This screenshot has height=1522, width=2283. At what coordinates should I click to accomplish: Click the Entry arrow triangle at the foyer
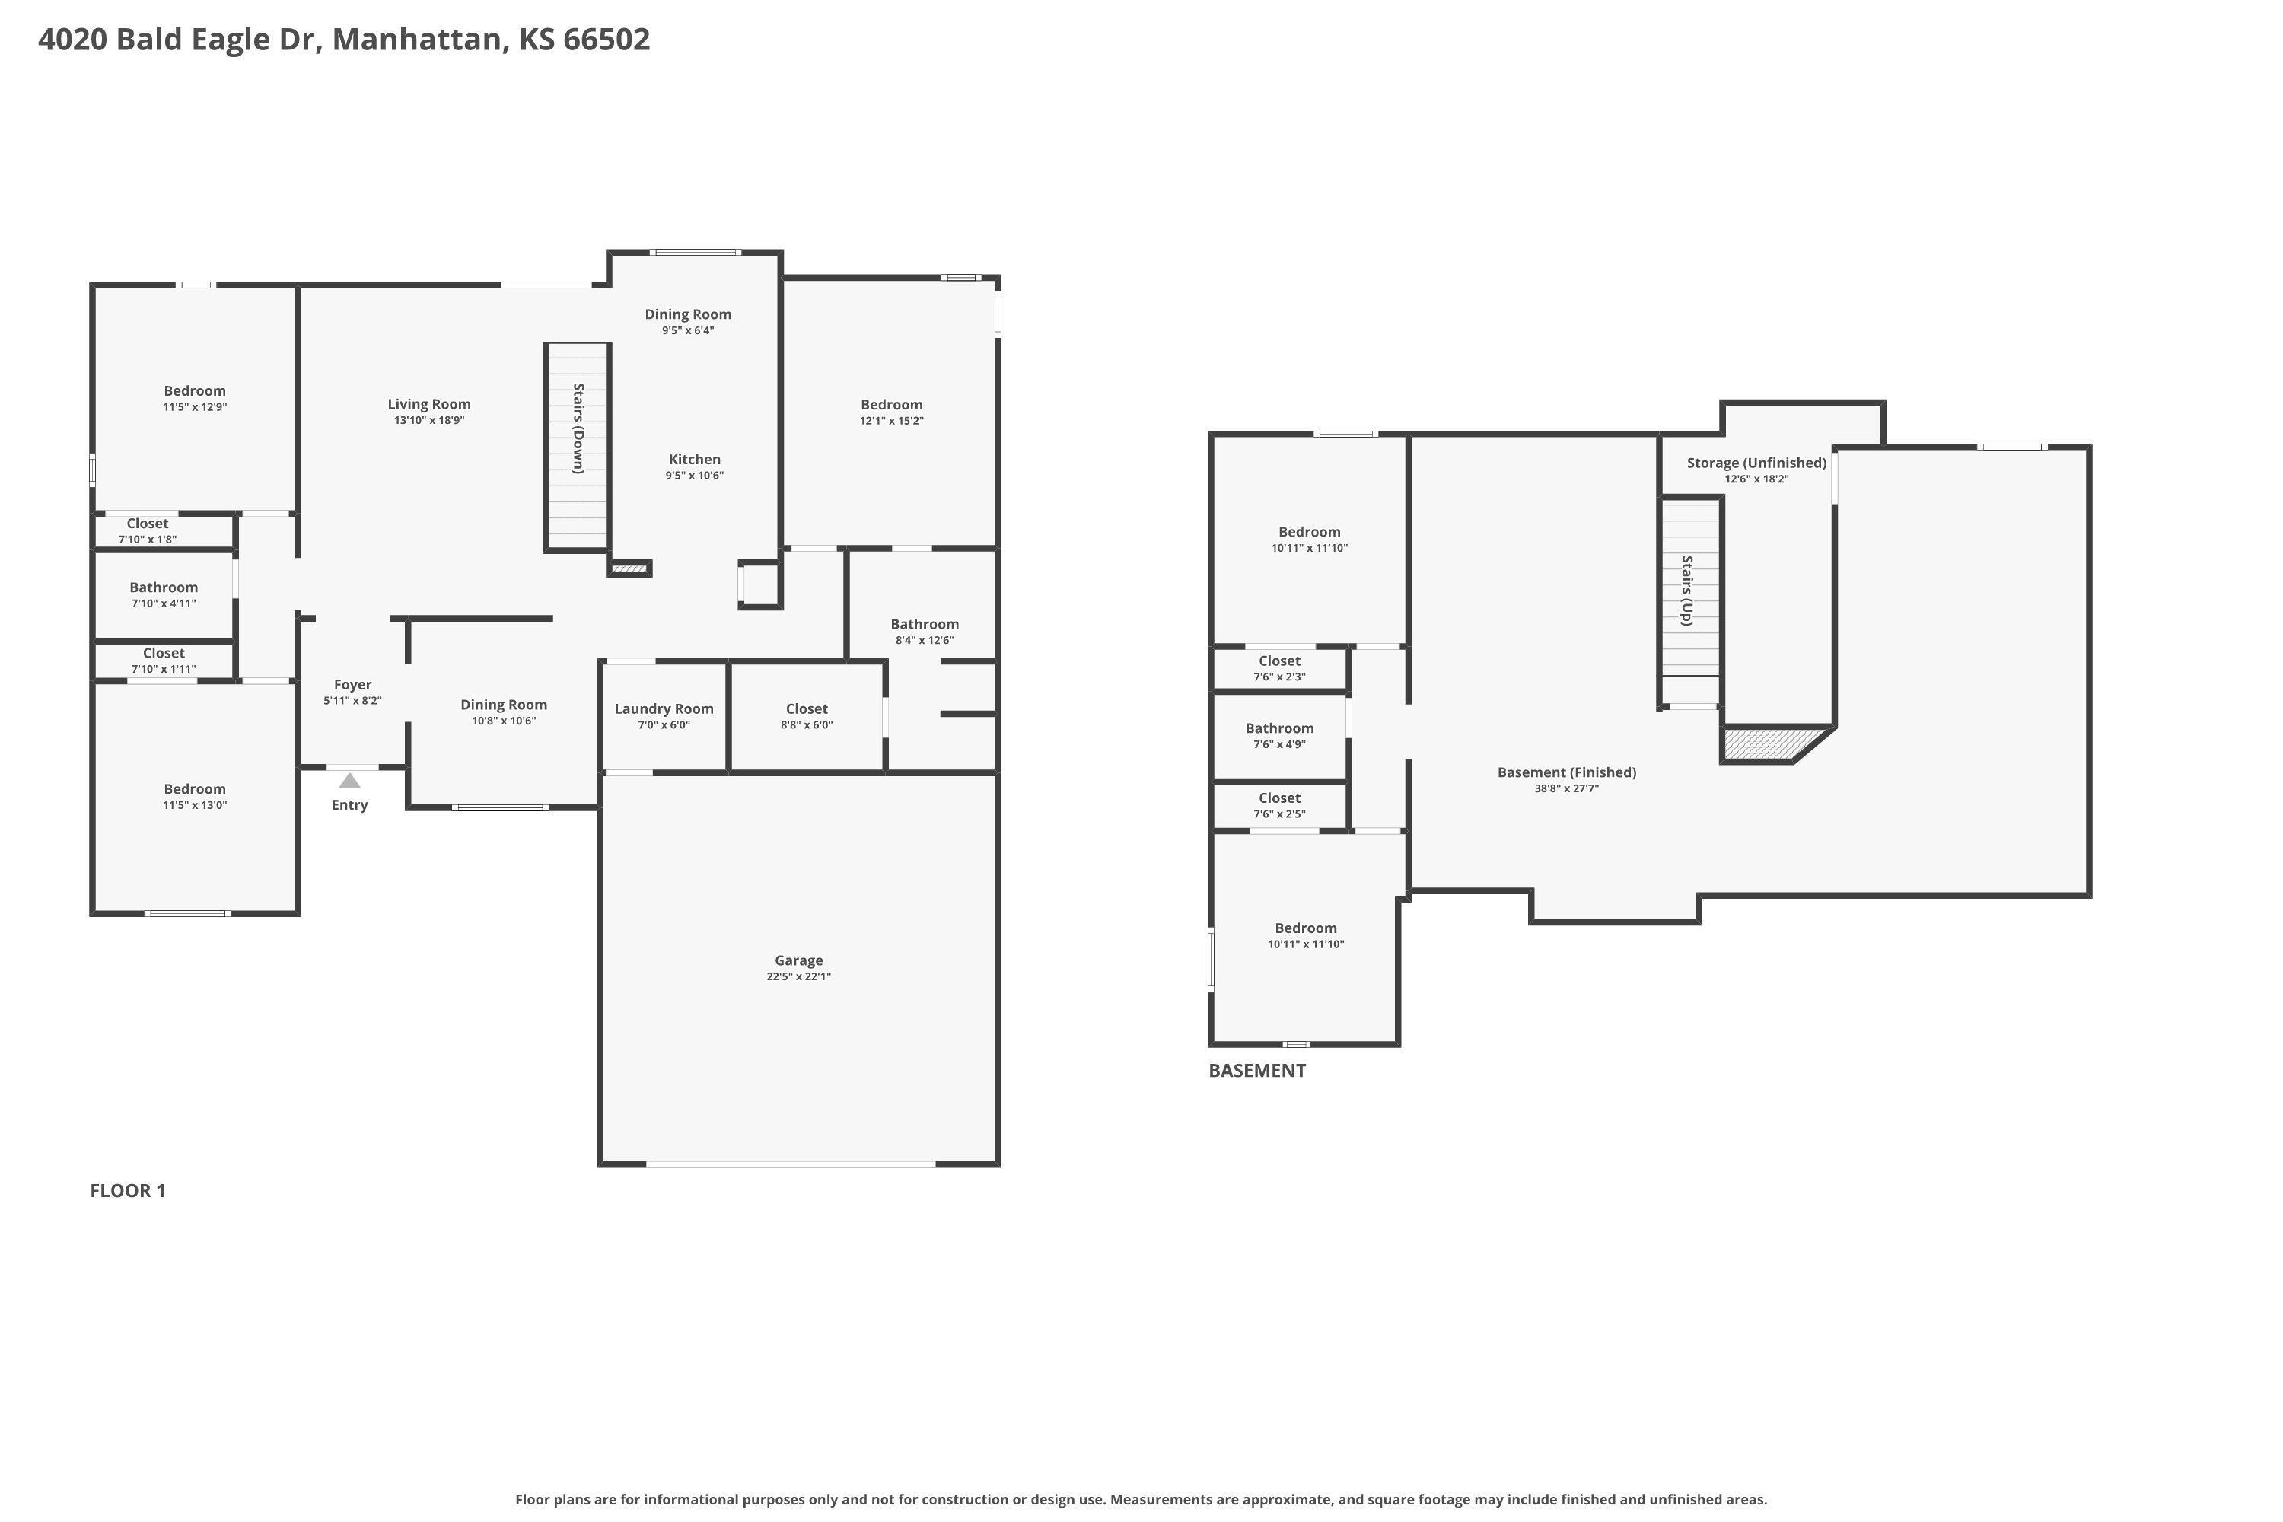349,781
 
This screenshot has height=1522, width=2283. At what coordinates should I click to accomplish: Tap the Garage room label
799,960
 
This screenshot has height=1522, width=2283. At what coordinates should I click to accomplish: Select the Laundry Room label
664,708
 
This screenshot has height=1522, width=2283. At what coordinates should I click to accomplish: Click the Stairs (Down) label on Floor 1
578,428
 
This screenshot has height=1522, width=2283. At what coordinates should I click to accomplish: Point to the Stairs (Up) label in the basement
1687,591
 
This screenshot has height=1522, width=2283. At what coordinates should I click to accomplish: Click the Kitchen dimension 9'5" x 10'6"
694,476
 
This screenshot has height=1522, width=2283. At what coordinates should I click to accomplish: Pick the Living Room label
429,404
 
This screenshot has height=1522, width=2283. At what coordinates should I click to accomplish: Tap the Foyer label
352,684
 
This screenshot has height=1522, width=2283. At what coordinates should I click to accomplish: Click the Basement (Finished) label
1567,772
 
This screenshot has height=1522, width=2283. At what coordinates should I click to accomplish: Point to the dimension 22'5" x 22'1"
799,976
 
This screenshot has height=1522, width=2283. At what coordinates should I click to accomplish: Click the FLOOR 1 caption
128,1190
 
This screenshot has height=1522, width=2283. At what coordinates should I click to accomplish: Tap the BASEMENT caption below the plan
1257,1070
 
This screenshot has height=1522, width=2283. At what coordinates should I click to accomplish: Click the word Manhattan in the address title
419,39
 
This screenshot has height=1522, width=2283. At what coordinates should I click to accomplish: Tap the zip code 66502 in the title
607,39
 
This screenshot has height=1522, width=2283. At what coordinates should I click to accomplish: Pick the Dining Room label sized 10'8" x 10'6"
504,705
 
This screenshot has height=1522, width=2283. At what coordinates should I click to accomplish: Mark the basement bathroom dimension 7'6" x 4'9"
1279,744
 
